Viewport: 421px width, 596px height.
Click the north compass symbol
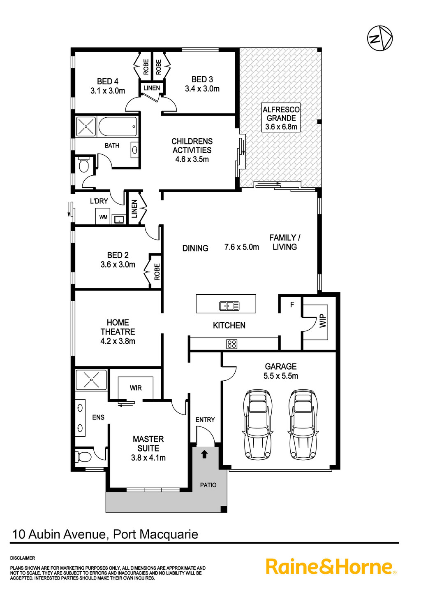(380, 38)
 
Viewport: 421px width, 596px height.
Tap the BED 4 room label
(108, 81)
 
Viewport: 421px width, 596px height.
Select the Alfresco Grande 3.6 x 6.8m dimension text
(281, 127)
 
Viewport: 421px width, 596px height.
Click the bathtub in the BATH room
(118, 126)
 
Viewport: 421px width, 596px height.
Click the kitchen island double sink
(229, 306)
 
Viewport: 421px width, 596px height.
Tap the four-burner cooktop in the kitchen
(232, 344)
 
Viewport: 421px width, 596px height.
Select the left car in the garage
(257, 425)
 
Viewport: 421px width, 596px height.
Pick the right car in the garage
(303, 425)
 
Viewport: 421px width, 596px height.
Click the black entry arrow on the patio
(204, 454)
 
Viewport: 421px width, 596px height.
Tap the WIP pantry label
(323, 321)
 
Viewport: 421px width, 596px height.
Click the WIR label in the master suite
(136, 388)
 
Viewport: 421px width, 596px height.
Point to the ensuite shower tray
(91, 379)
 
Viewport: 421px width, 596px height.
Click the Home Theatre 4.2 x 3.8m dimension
(118, 341)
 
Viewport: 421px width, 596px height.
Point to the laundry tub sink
(118, 219)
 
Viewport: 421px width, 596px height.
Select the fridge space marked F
(292, 305)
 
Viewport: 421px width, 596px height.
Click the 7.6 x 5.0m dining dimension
(242, 247)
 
